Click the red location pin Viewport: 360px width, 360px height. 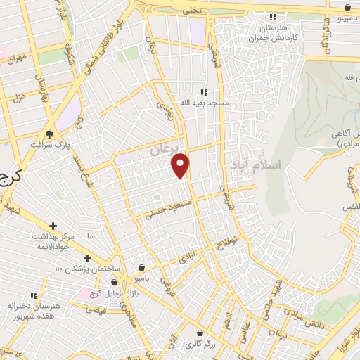[x=181, y=165]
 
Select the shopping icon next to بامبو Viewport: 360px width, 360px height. [x=143, y=268]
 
